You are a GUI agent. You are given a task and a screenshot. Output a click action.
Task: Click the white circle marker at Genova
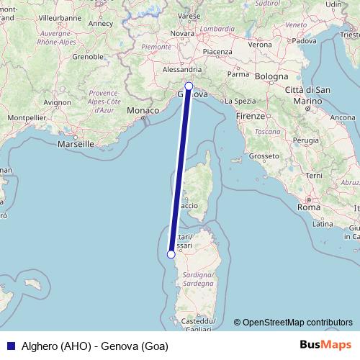(x=189, y=86)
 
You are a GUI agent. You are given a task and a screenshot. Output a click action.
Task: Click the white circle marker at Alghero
(x=171, y=253)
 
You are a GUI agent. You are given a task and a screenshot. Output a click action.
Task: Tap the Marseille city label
(x=76, y=144)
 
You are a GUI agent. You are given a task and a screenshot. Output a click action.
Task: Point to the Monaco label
(x=141, y=110)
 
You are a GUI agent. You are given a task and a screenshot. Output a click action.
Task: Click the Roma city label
(x=308, y=207)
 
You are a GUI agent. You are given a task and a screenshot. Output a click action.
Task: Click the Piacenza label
(x=217, y=52)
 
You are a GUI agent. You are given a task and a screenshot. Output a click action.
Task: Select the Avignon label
(x=55, y=103)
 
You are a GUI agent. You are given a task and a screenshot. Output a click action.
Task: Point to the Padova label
(x=305, y=40)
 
